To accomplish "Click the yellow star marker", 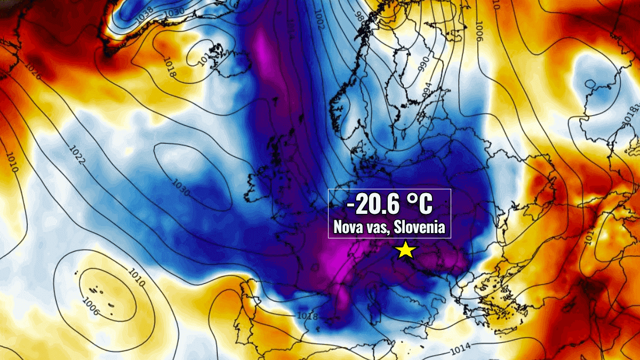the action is click(x=406, y=250).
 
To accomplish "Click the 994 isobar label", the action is click(x=427, y=91).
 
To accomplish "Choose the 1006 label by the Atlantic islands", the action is click(x=91, y=306).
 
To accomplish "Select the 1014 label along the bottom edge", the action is click(x=460, y=350).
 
